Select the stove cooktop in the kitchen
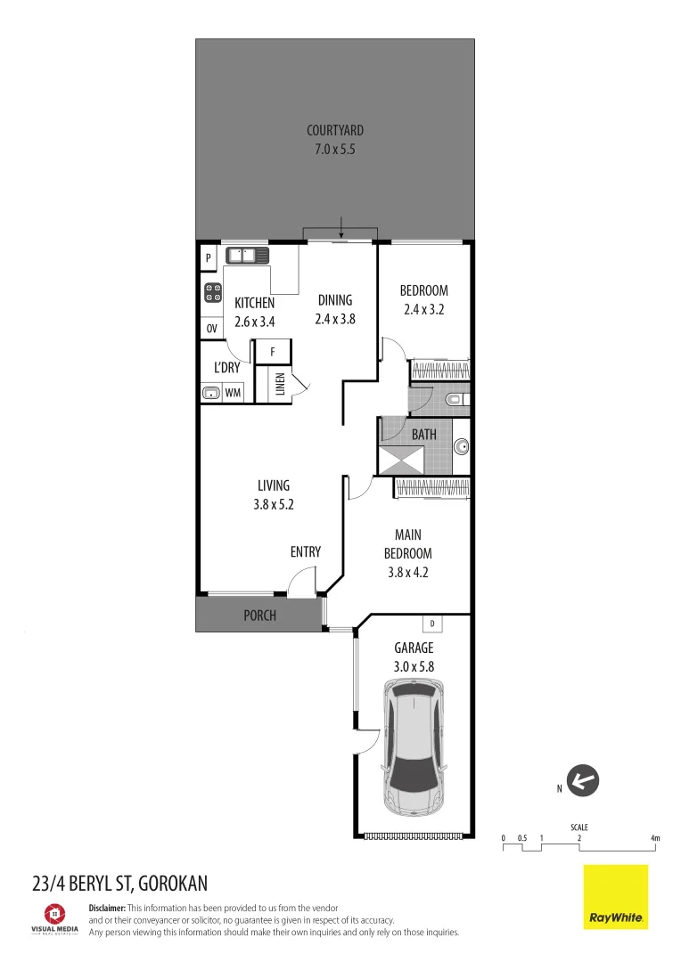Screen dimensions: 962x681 [213, 294]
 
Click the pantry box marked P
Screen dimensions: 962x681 [208, 258]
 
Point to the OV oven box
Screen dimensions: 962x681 [212, 329]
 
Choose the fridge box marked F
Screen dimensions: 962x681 [271, 351]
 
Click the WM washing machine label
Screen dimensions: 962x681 [233, 393]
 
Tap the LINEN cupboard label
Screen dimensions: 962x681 [280, 385]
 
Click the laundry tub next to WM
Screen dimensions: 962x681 [211, 393]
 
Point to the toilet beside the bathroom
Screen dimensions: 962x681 [455, 400]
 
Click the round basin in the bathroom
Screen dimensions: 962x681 [461, 446]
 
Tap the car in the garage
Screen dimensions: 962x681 [413, 746]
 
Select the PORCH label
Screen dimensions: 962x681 [259, 616]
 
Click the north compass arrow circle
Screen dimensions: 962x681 [584, 783]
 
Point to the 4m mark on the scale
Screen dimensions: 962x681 [655, 838]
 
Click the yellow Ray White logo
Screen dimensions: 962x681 [615, 897]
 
